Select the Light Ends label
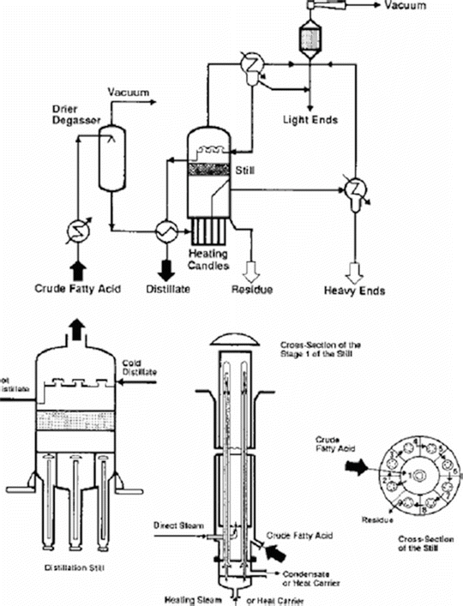(310, 120)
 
